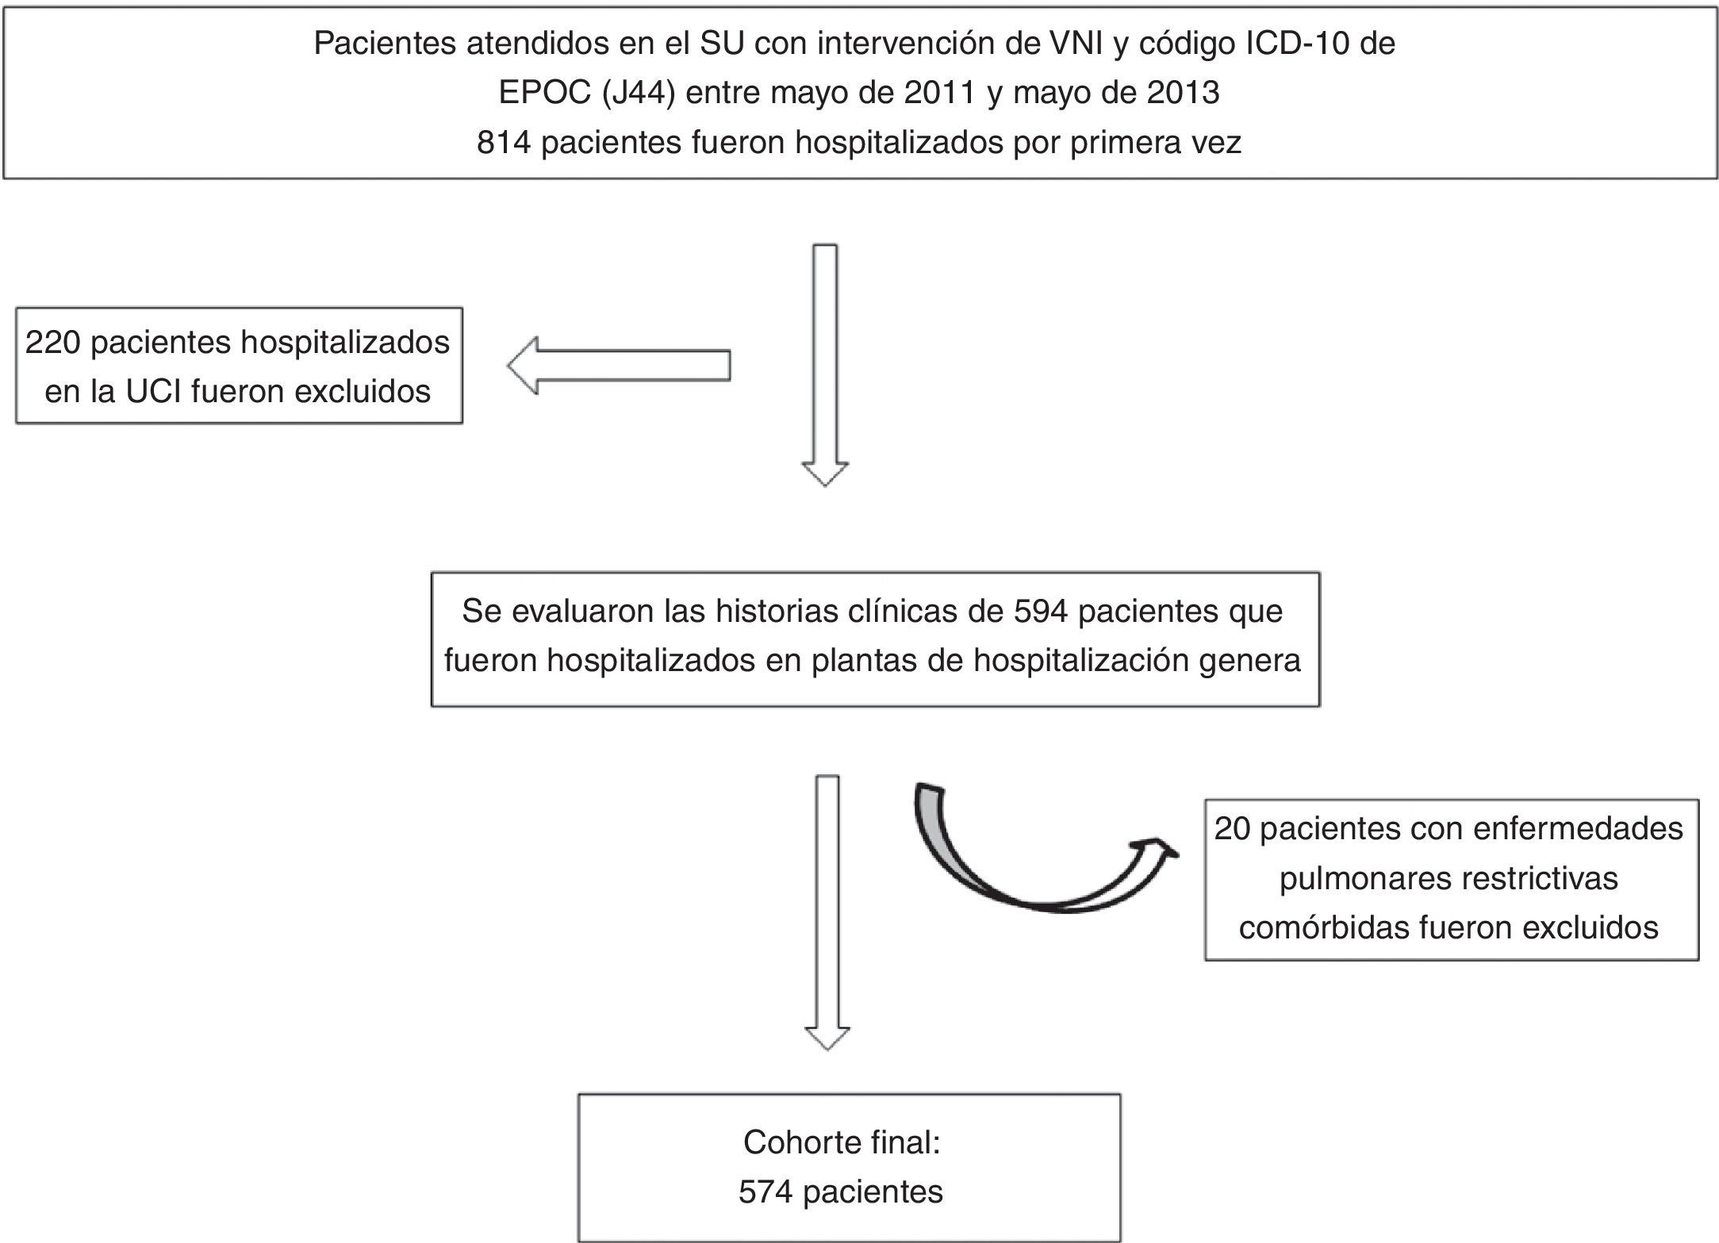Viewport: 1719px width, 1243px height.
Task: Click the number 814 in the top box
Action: [x=505, y=143]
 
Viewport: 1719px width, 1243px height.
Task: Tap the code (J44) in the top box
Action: [x=638, y=94]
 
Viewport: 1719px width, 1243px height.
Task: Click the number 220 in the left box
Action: [x=55, y=343]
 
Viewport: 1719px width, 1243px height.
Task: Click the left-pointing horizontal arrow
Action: [x=619, y=366]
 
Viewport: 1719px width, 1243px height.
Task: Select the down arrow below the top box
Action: [x=825, y=365]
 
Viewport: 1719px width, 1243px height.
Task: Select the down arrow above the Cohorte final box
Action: [x=827, y=912]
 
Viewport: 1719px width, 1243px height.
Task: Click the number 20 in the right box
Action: [x=1232, y=829]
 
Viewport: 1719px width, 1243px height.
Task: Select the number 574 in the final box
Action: [x=765, y=1191]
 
